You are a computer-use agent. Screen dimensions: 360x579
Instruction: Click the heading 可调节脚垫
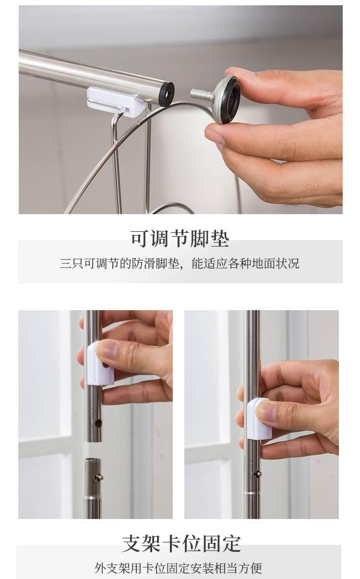180,238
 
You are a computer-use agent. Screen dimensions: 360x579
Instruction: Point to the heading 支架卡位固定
181,543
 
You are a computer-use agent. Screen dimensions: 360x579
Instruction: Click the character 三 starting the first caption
66,264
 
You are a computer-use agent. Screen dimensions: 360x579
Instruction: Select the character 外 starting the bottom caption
100,568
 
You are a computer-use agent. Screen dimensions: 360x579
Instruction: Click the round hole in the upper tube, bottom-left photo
98,423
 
